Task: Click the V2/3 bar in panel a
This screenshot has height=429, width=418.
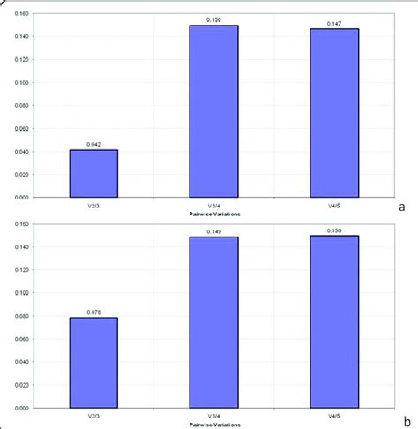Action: [x=93, y=174]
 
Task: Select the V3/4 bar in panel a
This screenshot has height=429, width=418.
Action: [x=213, y=111]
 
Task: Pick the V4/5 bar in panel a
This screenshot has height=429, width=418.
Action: [x=333, y=113]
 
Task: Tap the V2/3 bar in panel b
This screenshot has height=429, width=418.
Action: [x=93, y=363]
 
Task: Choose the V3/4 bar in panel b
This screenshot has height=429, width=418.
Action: [x=213, y=322]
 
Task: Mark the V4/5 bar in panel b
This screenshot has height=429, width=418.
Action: [x=333, y=321]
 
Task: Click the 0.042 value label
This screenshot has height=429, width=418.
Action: [x=93, y=144]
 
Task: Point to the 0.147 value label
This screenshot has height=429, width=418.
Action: [x=333, y=23]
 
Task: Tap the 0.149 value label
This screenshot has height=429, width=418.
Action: [x=213, y=230]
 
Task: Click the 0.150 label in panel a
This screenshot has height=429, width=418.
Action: [x=213, y=19]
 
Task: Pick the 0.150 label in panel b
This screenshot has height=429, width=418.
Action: [x=333, y=230]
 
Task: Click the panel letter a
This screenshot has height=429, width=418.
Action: [x=401, y=207]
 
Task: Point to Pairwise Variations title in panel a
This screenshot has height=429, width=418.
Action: [x=213, y=214]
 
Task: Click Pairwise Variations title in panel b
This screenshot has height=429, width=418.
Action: [x=213, y=425]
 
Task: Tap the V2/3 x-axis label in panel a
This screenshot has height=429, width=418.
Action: [x=93, y=207]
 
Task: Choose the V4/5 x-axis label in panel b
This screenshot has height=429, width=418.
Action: [x=333, y=417]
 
